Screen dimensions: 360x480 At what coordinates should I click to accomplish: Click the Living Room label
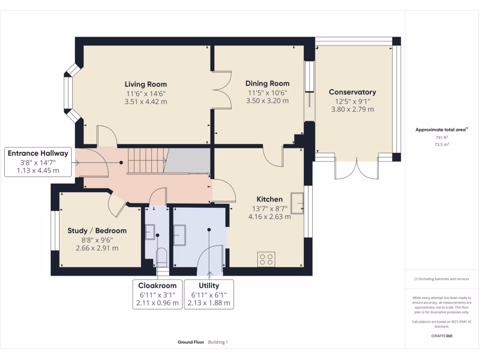[x=145, y=84]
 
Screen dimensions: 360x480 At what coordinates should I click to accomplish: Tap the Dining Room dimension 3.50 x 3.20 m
[x=268, y=101]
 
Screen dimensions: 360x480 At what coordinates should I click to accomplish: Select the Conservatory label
[x=352, y=92]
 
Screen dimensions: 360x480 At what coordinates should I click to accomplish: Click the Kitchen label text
[x=269, y=199]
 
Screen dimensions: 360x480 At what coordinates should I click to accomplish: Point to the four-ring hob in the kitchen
[x=266, y=260]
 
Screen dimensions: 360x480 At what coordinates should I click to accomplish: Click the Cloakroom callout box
[x=157, y=294]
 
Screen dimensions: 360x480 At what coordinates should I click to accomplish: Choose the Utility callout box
[x=209, y=294]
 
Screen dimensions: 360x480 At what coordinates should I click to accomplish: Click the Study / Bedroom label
[x=97, y=231]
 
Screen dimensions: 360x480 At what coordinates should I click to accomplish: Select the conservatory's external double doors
[x=357, y=170]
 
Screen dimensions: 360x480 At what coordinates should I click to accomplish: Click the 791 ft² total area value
[x=441, y=138]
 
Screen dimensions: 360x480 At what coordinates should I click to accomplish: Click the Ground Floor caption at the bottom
[x=191, y=342]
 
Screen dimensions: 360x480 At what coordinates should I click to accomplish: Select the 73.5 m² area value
[x=441, y=145]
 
